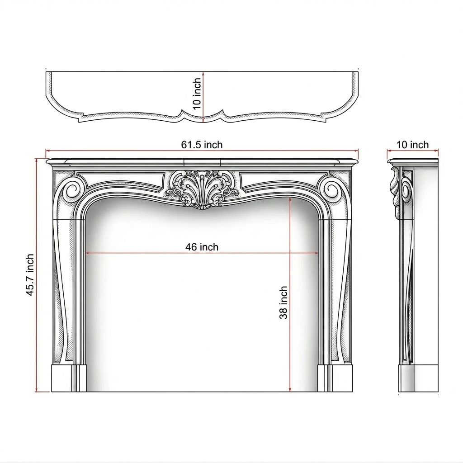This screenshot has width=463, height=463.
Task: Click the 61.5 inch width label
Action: tap(202, 145)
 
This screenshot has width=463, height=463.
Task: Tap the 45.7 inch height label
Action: tap(30, 275)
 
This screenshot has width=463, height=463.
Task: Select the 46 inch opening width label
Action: tap(202, 247)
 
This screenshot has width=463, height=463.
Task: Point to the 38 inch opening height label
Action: tap(283, 302)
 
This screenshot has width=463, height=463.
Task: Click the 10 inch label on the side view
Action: tap(412, 145)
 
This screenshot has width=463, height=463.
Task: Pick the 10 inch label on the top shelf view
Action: tap(197, 94)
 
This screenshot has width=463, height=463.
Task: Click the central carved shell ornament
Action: tap(202, 189)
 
